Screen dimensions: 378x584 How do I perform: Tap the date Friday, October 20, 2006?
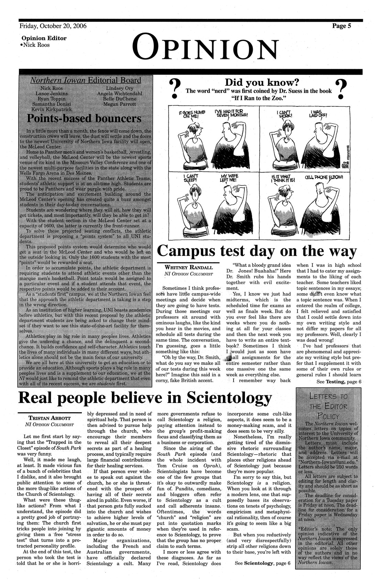pyautogui.click(x=53, y=26)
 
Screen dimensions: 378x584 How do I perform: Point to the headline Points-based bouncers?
pyautogui.click(x=84, y=119)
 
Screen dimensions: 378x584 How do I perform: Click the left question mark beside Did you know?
pyautogui.click(x=175, y=89)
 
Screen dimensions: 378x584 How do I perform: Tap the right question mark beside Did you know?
pyautogui.click(x=342, y=89)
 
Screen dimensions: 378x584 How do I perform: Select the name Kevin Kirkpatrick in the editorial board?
pyautogui.click(x=52, y=109)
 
